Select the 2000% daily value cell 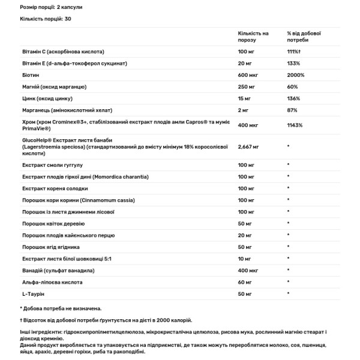click(x=295, y=75)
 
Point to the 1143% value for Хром click(x=295, y=125)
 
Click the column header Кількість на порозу click(x=253, y=37)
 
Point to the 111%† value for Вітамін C click(x=295, y=52)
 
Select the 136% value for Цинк click(x=295, y=98)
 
